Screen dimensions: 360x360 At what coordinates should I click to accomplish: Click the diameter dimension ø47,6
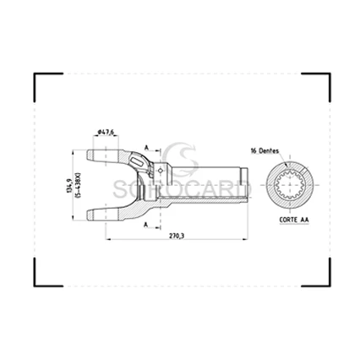click(106, 130)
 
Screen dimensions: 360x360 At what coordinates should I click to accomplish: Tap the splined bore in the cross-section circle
click(292, 184)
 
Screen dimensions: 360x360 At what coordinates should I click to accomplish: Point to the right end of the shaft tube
click(245, 184)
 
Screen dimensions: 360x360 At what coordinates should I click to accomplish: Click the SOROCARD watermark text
click(180, 180)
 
